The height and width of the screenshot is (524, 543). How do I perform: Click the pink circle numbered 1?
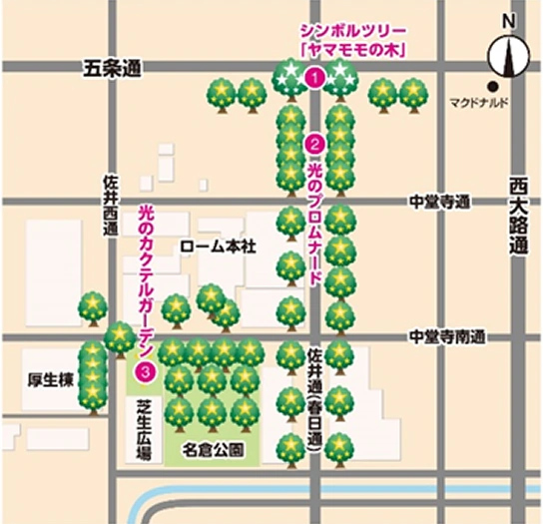[314, 77]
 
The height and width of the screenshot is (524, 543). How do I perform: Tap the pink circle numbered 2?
[314, 143]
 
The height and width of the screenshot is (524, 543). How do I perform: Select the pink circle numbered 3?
[147, 371]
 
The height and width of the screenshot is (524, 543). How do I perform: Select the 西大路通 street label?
[516, 217]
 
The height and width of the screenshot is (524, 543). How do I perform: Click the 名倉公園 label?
[212, 449]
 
